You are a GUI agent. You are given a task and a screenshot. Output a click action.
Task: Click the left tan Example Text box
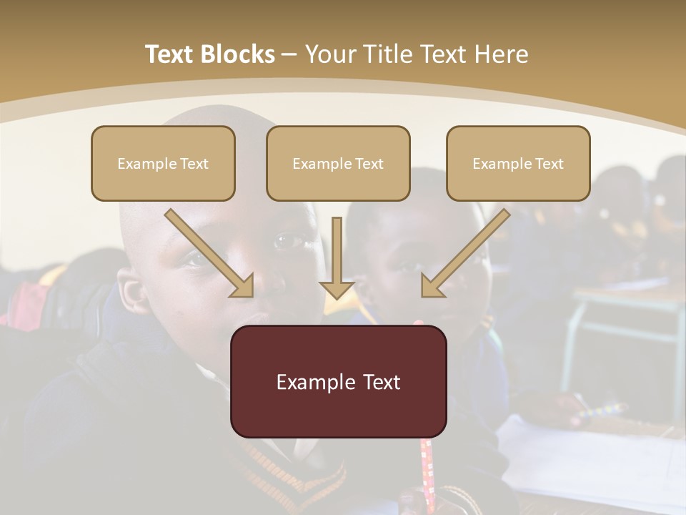[163, 163]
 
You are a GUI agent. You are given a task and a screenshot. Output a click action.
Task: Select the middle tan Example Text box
[338, 163]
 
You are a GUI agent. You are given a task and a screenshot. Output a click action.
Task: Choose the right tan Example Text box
[518, 163]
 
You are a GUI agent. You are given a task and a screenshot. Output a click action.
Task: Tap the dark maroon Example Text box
[338, 381]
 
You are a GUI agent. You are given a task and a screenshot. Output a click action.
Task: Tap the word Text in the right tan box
[549, 164]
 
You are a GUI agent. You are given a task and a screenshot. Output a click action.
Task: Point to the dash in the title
[289, 55]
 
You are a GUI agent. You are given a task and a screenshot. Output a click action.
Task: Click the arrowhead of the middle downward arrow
[337, 289]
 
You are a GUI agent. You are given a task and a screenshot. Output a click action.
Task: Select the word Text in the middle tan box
[368, 164]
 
